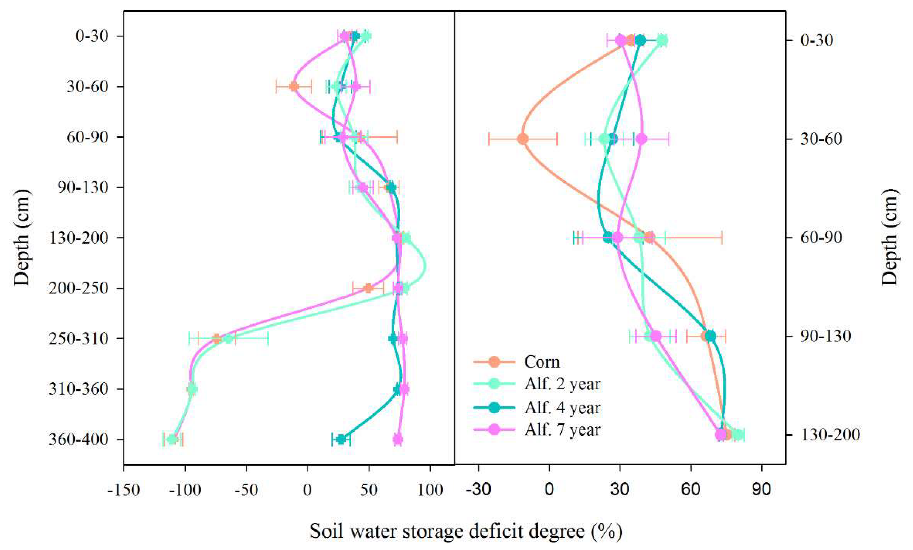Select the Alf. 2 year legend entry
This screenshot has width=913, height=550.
point(562,384)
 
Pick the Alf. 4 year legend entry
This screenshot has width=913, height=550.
point(562,408)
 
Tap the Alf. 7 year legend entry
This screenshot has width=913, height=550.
point(562,430)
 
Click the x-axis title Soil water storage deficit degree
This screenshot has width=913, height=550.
point(466,531)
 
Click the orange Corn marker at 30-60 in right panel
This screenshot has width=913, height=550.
point(523,139)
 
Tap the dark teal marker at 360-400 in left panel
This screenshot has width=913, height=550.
point(341,440)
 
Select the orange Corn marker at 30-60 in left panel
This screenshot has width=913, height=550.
point(294,87)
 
